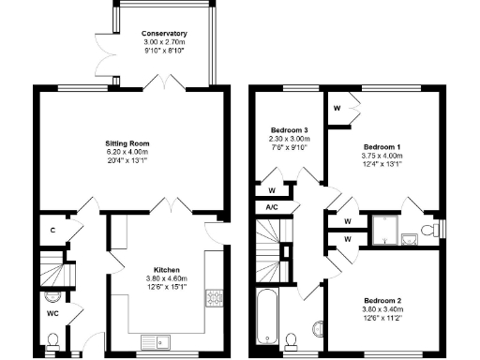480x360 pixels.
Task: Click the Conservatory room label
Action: (151, 32)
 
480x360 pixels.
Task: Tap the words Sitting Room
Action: (127, 143)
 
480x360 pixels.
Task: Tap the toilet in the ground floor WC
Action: (53, 339)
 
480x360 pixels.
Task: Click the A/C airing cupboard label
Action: (272, 206)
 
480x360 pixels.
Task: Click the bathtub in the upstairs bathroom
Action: (267, 319)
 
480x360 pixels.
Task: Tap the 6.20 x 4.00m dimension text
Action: (127, 152)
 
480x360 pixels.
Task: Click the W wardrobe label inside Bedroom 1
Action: (337, 106)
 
